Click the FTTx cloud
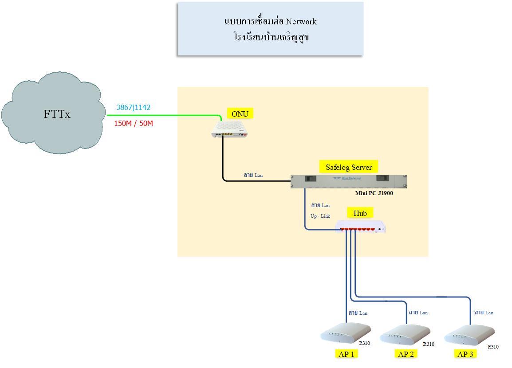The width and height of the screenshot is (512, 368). [54, 113]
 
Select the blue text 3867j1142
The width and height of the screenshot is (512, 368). [133, 107]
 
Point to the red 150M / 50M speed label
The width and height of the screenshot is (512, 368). [134, 123]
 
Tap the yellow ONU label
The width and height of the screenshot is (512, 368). [240, 114]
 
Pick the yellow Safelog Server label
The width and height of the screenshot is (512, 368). [348, 167]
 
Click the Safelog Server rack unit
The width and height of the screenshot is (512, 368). [349, 181]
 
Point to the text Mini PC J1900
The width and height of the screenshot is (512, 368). [374, 193]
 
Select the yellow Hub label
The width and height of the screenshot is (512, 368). [360, 213]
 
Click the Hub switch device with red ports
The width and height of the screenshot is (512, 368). [361, 227]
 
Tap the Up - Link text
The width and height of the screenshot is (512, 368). [320, 216]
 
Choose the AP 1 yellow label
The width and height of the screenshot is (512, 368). [346, 354]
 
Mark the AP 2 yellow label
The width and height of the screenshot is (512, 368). [406, 354]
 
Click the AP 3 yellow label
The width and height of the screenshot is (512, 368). [465, 354]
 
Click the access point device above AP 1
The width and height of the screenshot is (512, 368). [346, 333]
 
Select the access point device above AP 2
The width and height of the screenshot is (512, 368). [405, 335]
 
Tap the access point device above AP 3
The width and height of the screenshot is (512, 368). [469, 335]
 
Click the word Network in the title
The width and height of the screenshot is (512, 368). [301, 22]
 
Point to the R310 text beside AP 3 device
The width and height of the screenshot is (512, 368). [493, 347]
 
